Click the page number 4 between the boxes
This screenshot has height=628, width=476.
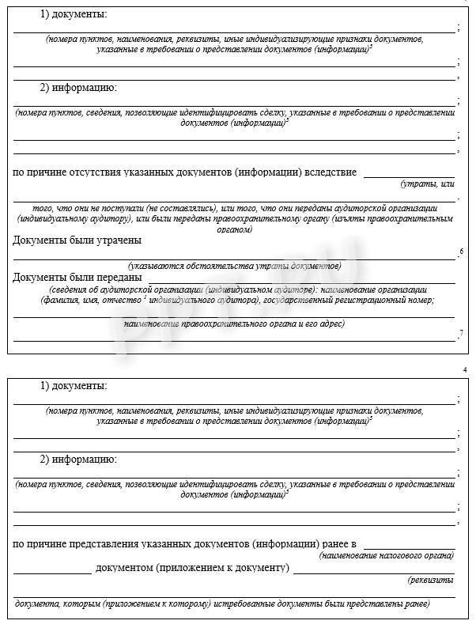tap(464, 370)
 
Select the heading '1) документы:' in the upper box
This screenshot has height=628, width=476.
tap(74, 15)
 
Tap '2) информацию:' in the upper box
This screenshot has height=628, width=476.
tap(78, 87)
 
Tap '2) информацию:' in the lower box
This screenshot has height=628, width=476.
tap(78, 459)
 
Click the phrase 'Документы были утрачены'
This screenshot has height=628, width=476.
tap(77, 240)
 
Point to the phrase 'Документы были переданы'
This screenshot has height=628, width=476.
tap(77, 278)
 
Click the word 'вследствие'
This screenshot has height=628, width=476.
tap(331, 172)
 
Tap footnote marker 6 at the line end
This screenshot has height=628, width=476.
tap(462, 252)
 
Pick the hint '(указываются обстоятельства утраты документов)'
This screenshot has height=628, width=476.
tap(234, 266)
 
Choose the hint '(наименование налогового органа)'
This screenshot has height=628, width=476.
tap(387, 556)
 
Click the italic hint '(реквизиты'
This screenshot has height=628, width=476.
tap(431, 580)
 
